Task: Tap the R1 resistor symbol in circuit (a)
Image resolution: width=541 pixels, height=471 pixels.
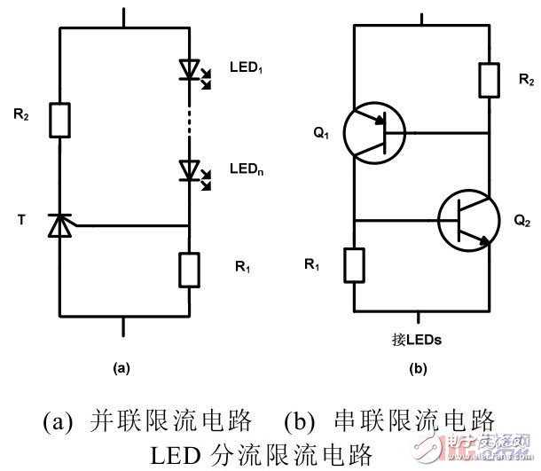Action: pos(189,268)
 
